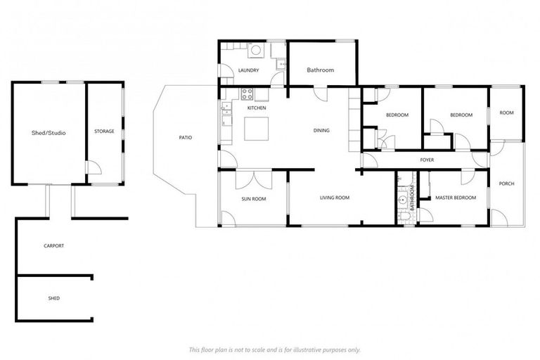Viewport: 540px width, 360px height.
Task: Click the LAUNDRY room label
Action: tap(249, 70)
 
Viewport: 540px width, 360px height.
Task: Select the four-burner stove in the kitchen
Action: tap(247, 93)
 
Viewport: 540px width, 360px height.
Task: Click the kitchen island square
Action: tap(256, 130)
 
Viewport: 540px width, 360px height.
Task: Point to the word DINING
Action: tap(321, 130)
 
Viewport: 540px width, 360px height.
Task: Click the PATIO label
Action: tap(185, 137)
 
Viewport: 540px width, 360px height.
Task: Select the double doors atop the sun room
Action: tap(254, 179)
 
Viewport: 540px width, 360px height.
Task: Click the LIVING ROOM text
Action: tap(335, 198)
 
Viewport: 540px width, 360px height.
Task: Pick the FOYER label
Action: tap(427, 160)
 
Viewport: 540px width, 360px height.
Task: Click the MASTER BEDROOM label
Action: tap(456, 198)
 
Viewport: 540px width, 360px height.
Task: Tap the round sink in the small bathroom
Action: tap(403, 200)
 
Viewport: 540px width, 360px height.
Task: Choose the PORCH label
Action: tap(506, 184)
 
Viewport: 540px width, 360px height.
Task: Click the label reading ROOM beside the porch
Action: tap(506, 112)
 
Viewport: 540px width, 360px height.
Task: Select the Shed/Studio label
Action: tap(49, 132)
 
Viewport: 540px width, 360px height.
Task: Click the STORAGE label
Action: tap(104, 131)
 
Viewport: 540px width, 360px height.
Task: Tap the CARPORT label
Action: tap(53, 245)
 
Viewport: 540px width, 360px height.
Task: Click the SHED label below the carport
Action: tap(53, 298)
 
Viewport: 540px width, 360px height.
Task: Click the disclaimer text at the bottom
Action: tap(274, 349)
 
